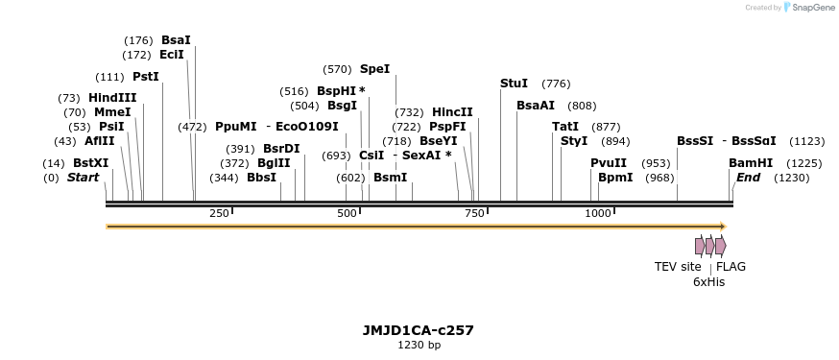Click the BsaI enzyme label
tap(176, 40)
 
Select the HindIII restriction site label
tap(112, 98)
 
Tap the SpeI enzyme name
tap(374, 69)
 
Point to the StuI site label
tap(514, 84)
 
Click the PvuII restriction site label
tap(609, 163)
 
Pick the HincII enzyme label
tap(452, 112)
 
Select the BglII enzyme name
tap(274, 163)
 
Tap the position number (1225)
tap(804, 163)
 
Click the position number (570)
tap(337, 69)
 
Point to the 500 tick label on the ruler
tap(347, 213)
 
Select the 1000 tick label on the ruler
tap(597, 213)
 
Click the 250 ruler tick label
tap(219, 213)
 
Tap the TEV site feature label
tap(678, 267)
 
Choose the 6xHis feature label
tap(708, 282)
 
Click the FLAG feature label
tap(731, 267)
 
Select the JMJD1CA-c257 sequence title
tap(419, 330)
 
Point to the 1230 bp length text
tap(419, 345)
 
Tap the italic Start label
tap(83, 178)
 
